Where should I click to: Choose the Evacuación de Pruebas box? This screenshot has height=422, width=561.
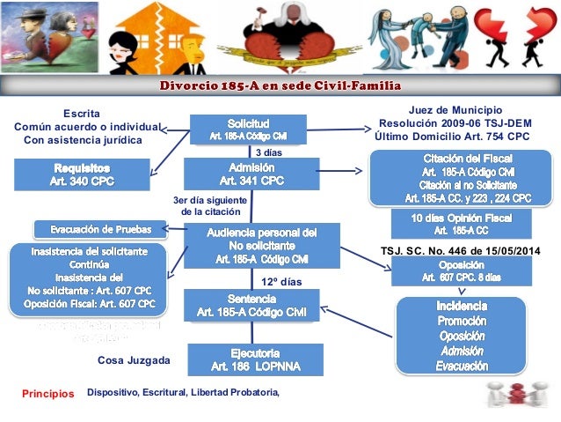(x=99, y=230)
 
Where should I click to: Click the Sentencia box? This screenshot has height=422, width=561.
(x=251, y=305)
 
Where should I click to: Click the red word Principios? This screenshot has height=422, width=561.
(x=48, y=394)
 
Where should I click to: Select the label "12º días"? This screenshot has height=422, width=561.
(x=281, y=282)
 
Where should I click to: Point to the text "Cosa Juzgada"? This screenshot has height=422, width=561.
(x=133, y=360)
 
